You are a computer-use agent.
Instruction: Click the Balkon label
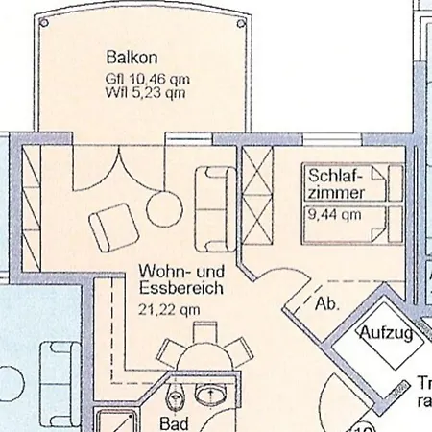pyautogui.click(x=127, y=57)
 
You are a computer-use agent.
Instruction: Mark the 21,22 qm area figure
pyautogui.click(x=169, y=308)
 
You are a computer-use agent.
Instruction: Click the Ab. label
pyautogui.click(x=326, y=304)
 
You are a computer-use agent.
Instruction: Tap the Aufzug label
pyautogui.click(x=385, y=333)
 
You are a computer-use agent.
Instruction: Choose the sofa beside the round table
pyautogui.click(x=216, y=208)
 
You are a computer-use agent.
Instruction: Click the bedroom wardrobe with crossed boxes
pyautogui.click(x=259, y=198)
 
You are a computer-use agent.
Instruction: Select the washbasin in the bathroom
pyautogui.click(x=209, y=395)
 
